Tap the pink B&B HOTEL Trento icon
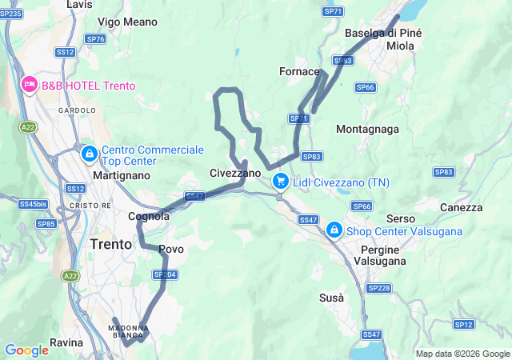(x=30, y=84)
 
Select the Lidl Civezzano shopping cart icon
(x=280, y=182)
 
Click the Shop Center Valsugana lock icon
(x=333, y=230)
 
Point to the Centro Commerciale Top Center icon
(x=90, y=152)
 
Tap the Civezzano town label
(x=235, y=173)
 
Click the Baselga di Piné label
(x=382, y=33)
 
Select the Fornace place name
(x=299, y=71)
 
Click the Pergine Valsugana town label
(x=380, y=255)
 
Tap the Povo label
(x=171, y=249)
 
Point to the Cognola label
(x=149, y=216)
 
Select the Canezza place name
(x=461, y=207)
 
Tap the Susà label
(x=331, y=298)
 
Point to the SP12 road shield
(x=464, y=324)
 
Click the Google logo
(x=26, y=350)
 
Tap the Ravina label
(x=66, y=342)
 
